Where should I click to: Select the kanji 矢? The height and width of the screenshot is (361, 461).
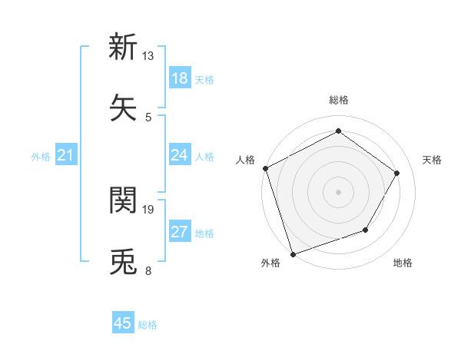tap(124, 106)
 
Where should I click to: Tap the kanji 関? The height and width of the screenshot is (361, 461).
tap(124, 200)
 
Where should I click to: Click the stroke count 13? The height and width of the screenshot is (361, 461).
tap(148, 56)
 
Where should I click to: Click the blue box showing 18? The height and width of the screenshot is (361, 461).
tap(180, 78)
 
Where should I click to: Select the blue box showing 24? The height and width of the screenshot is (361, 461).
tap(180, 156)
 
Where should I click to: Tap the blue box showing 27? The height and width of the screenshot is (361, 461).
tap(180, 232)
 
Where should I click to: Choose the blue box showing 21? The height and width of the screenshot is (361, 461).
tap(66, 156)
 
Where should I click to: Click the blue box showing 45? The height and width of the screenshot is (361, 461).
tap(123, 323)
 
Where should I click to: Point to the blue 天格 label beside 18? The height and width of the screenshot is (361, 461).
tap(204, 79)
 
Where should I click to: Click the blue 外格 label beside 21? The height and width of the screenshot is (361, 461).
tap(41, 157)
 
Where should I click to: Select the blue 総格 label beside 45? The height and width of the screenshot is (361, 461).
tap(148, 324)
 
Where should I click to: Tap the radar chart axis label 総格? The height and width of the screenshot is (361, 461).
tap(338, 100)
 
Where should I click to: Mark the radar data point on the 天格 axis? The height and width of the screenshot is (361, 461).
tap(397, 173)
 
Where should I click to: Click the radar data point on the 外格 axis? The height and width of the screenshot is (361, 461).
tap(293, 253)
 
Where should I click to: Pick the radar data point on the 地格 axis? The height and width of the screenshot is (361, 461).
tap(366, 230)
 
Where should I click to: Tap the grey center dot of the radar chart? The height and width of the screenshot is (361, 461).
tap(338, 191)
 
